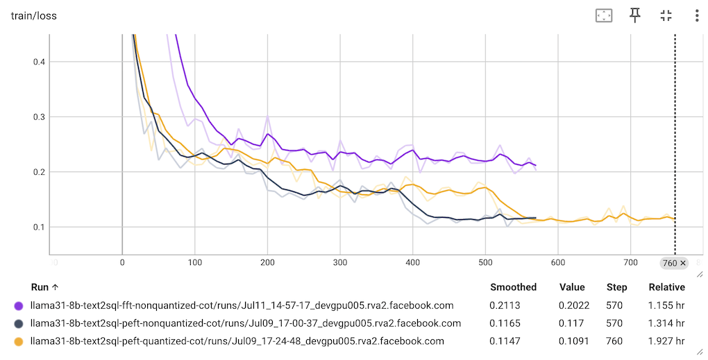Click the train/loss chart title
[x=33, y=15]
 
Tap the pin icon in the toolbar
[x=635, y=15]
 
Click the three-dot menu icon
[x=696, y=15]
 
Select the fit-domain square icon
[x=604, y=15]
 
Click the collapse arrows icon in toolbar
[x=666, y=15]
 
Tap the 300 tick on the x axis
[x=340, y=262]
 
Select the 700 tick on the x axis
[x=630, y=262]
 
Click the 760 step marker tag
[x=673, y=263]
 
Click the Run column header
[x=45, y=287]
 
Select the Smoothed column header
[x=513, y=287]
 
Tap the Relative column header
[x=666, y=287]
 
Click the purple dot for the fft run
[x=19, y=305]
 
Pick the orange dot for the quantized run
[x=19, y=341]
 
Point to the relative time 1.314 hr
[x=666, y=323]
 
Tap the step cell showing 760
[x=616, y=341]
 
